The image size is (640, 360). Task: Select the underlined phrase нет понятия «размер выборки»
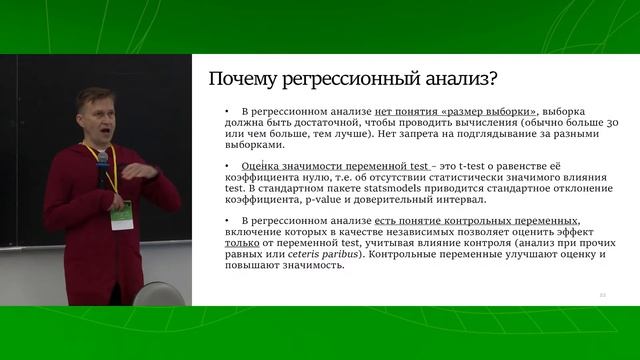click(455, 112)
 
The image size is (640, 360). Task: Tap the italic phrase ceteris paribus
click(317, 254)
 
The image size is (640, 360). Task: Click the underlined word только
click(238, 243)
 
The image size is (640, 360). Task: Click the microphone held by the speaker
click(102, 163)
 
